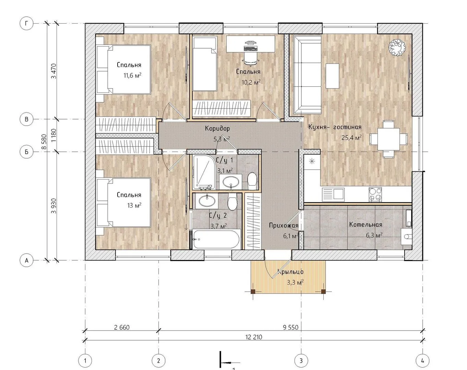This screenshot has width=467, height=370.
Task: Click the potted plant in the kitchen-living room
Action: click(397, 48)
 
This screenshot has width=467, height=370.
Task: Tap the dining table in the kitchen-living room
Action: click(388, 139)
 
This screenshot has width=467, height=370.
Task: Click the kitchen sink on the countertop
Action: click(333, 194)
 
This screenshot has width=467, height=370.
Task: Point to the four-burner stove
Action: click(375, 194)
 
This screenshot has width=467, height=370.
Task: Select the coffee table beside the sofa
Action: click(333, 76)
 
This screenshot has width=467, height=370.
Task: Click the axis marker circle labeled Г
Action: click(26, 23)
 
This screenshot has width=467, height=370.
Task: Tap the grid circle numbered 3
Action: click(301, 361)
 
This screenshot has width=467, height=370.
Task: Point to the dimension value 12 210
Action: click(254, 337)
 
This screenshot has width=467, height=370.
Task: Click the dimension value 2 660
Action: click(122, 327)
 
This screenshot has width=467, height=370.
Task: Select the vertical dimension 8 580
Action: click(44, 141)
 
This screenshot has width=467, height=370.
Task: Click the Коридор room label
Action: click(217, 128)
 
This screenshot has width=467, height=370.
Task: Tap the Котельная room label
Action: click(366, 224)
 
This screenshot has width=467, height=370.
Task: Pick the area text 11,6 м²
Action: click(132, 75)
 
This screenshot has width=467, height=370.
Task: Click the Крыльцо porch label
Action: click(290, 272)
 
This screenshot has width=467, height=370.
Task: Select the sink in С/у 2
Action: click(207, 201)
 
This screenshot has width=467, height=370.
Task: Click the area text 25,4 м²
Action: click(351, 137)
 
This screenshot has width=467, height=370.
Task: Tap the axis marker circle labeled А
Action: click(26, 260)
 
